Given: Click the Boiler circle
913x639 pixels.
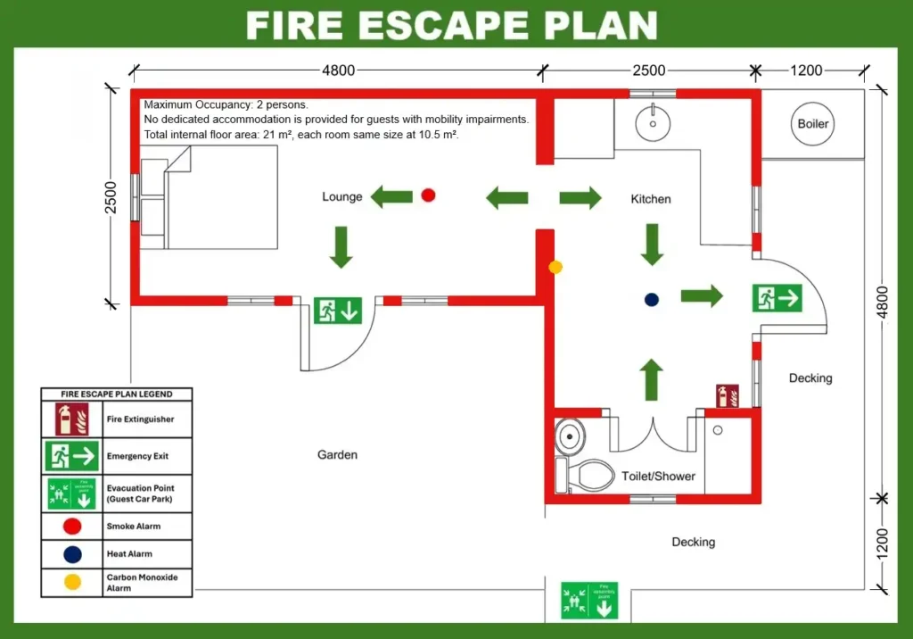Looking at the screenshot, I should click(812, 124).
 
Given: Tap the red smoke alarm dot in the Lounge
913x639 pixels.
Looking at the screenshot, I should click(428, 195).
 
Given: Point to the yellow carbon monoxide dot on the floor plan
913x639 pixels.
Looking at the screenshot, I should click(555, 266).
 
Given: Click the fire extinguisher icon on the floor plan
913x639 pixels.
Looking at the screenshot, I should click(728, 395).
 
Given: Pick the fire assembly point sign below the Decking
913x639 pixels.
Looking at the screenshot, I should click(588, 601).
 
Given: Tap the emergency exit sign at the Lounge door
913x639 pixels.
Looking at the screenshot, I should click(338, 311).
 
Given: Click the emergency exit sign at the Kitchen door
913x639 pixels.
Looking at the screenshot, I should click(777, 298).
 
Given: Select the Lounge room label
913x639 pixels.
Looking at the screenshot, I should click(342, 196).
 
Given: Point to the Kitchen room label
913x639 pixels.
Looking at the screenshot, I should click(651, 199).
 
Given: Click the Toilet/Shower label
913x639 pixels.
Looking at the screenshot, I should click(658, 476).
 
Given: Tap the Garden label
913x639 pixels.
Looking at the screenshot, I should click(337, 455).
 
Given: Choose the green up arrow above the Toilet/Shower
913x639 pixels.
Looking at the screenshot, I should click(652, 378).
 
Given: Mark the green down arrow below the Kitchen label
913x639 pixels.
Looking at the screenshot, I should click(652, 244).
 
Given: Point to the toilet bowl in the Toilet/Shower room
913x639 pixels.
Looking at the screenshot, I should click(589, 474).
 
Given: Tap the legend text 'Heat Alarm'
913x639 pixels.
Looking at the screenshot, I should click(129, 554).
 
